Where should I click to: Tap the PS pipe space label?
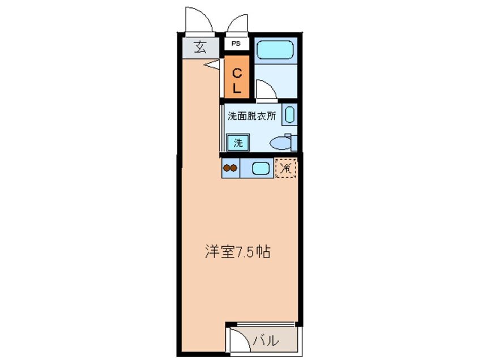236,43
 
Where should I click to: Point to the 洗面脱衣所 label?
251,117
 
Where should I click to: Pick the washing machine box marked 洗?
238,143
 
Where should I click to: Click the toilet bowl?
280,144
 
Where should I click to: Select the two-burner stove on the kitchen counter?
230,168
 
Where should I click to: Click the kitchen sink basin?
261,168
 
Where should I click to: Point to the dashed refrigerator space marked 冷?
286,168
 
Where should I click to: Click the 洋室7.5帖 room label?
237,252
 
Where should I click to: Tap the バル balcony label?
266,341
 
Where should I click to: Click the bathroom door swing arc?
264,90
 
